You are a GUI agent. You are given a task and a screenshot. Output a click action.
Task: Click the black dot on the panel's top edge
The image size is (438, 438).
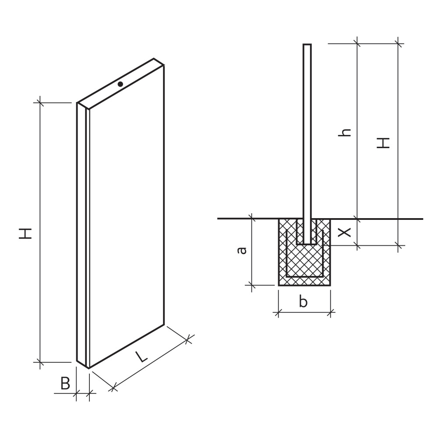pyautogui.click(x=120, y=84)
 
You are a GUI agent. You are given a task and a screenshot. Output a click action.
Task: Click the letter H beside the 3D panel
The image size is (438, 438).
pyautogui.click(x=26, y=233)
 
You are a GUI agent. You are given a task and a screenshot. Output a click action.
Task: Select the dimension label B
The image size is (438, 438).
pyautogui.click(x=65, y=384)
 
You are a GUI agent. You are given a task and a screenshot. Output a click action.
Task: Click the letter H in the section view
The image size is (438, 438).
pyautogui.click(x=383, y=143)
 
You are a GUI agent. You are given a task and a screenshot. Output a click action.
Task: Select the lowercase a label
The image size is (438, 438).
pyautogui.click(x=241, y=251)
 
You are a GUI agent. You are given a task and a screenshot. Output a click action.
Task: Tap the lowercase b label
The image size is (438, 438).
pyautogui.click(x=303, y=301)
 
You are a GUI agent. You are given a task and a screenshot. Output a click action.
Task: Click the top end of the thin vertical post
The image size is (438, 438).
pyautogui.click(x=307, y=45)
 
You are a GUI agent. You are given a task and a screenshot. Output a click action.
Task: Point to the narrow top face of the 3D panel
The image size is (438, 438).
pyautogui.click(x=120, y=84)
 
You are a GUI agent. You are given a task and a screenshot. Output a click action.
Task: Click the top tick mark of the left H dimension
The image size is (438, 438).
pyautogui.click(x=40, y=102)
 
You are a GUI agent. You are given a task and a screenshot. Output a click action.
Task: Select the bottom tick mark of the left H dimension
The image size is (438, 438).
pyautogui.click(x=40, y=363)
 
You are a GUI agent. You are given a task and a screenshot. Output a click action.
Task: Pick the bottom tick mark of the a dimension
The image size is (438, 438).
pyautogui.click(x=252, y=285)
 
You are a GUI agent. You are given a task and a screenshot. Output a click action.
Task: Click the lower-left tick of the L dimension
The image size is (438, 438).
pyautogui.click(x=113, y=387)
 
